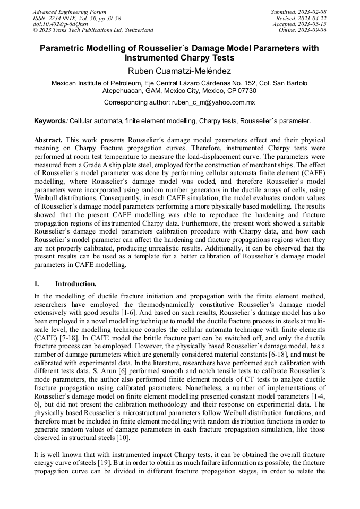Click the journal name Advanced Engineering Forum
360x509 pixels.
(x=70, y=12)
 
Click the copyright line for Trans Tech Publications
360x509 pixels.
(x=93, y=30)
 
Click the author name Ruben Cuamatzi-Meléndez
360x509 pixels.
(x=179, y=71)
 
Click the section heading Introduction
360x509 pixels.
(x=75, y=284)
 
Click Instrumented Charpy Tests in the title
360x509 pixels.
(x=179, y=58)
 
